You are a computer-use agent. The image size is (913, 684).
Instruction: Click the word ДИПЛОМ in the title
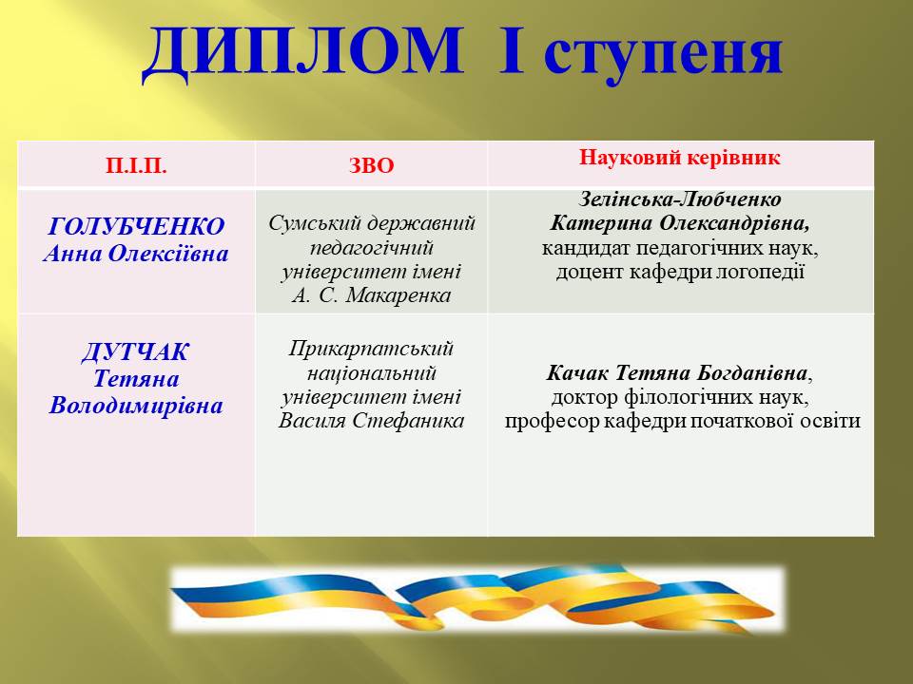(x=303, y=52)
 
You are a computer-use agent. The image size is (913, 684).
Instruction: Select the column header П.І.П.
(x=136, y=166)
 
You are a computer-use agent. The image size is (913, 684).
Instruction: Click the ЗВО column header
(x=372, y=165)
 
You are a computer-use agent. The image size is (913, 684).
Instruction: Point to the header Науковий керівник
(x=679, y=158)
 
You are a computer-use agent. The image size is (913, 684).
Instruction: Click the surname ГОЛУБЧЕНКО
(x=136, y=226)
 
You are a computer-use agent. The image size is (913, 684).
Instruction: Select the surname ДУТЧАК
(x=136, y=352)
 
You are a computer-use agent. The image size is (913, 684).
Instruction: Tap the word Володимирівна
(x=136, y=406)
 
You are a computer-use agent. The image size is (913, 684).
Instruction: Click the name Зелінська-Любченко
(x=680, y=199)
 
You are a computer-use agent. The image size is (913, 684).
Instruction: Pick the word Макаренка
(x=398, y=295)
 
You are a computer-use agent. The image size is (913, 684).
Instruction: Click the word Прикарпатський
(x=371, y=349)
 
